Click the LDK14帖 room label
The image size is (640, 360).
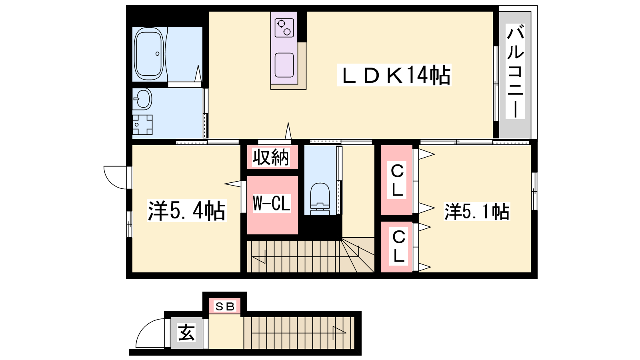point(394,75)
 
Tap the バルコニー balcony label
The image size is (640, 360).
point(515,72)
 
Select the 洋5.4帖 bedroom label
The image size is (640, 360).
point(186,211)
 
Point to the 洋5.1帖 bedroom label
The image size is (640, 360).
point(477,212)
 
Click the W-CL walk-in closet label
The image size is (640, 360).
point(272,203)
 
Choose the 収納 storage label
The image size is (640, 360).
point(271,157)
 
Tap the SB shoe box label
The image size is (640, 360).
point(225,306)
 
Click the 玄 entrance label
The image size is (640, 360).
point(186,332)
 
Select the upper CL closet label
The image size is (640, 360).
point(397,180)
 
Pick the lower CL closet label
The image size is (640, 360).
point(399,246)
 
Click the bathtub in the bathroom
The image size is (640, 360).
point(149,54)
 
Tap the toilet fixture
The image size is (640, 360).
point(320,199)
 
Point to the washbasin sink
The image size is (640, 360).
point(142,99)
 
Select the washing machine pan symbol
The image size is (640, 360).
point(142,125)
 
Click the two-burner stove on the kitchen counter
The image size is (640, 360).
point(284,28)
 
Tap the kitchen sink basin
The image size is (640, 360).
point(284,65)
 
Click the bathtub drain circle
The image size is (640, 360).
point(157,54)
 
